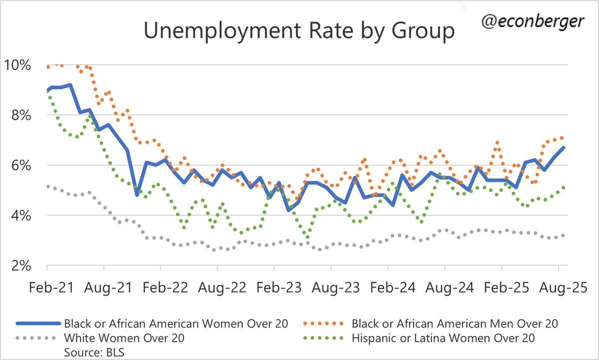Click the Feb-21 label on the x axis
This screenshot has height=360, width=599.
tap(47, 288)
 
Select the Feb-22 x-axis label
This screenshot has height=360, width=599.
tap(161, 288)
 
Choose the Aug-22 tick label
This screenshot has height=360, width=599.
tap(218, 288)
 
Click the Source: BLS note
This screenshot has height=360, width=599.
tap(95, 352)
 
